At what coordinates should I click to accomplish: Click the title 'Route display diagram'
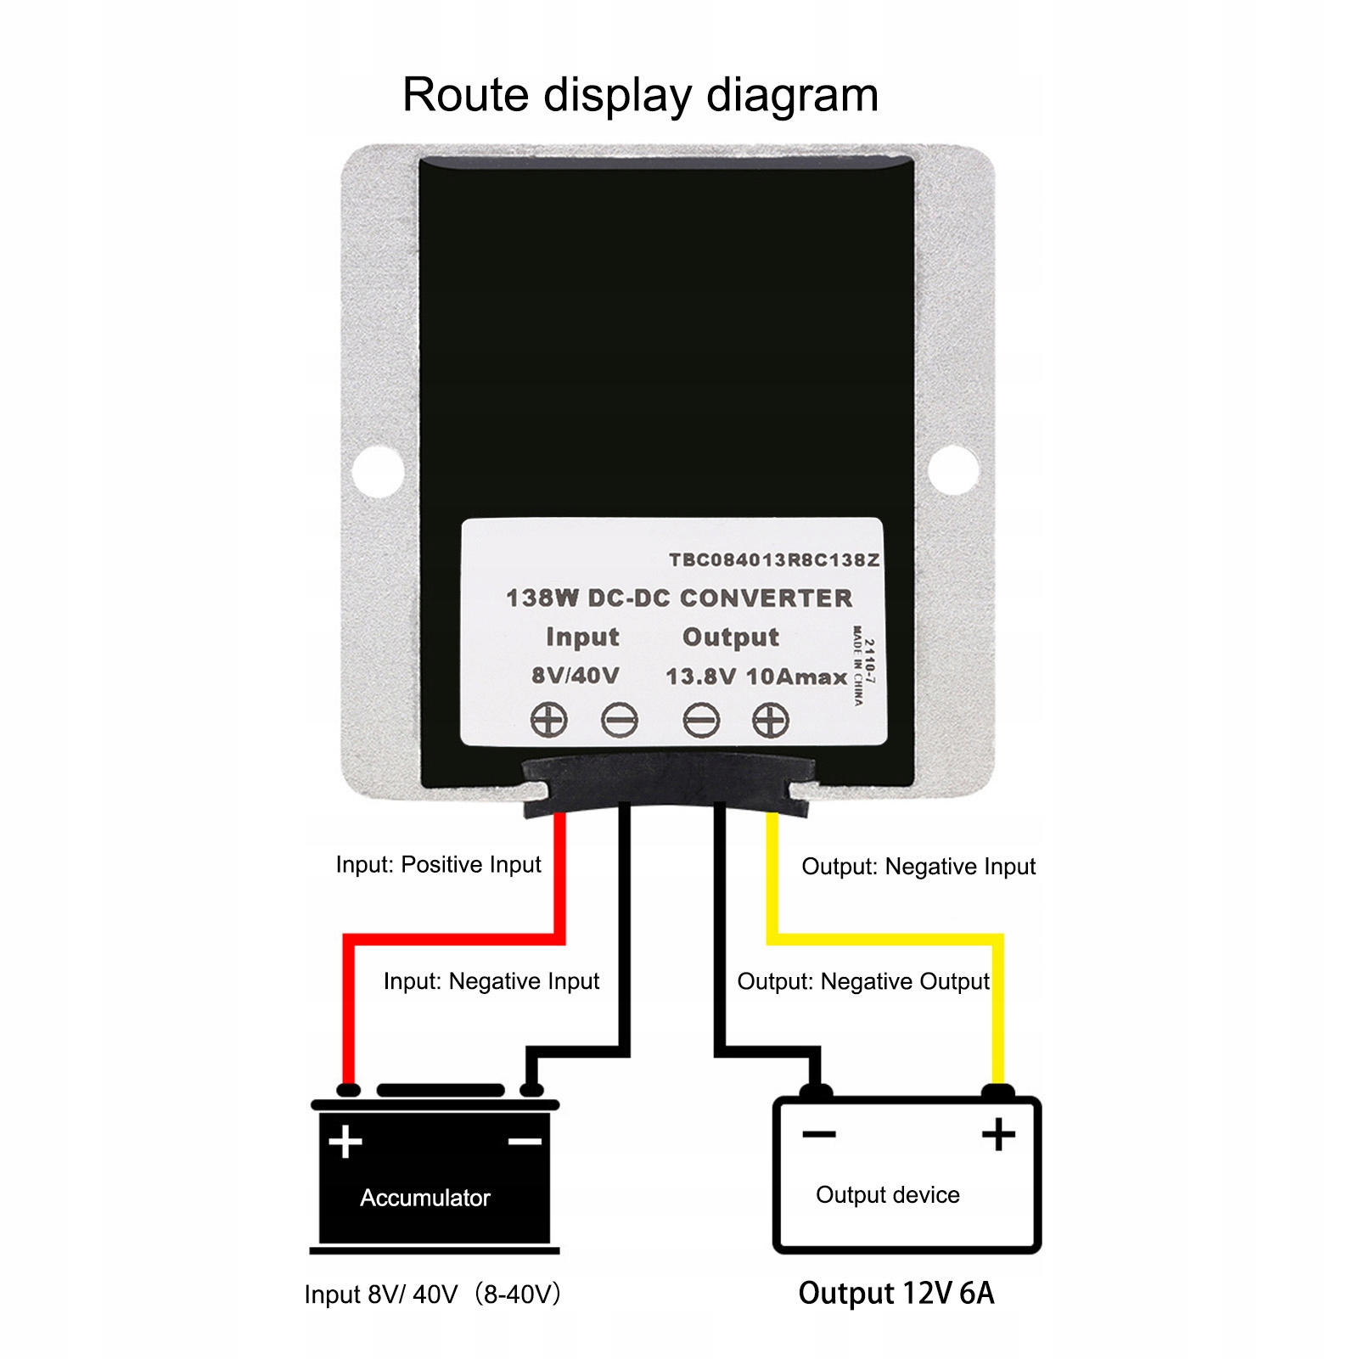[640, 94]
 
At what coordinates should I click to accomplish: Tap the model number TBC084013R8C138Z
[773, 560]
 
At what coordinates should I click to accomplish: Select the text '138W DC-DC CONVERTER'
[679, 598]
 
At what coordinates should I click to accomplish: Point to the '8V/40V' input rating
[575, 676]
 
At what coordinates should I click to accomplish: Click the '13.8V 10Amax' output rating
[755, 677]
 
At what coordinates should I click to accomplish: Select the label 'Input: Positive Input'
[438, 865]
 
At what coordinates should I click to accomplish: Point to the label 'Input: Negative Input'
[491, 981]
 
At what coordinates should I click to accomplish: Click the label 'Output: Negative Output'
[862, 981]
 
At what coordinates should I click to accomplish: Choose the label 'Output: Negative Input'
[918, 867]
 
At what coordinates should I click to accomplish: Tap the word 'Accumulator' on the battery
[425, 1198]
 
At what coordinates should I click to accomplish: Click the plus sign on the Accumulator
[345, 1142]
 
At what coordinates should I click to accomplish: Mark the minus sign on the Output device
[819, 1134]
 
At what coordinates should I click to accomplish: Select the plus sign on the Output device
[998, 1135]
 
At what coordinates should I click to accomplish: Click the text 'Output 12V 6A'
[896, 1293]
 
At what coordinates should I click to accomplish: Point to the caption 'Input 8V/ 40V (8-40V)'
[432, 1294]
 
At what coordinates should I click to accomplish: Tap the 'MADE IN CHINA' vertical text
[858, 665]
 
